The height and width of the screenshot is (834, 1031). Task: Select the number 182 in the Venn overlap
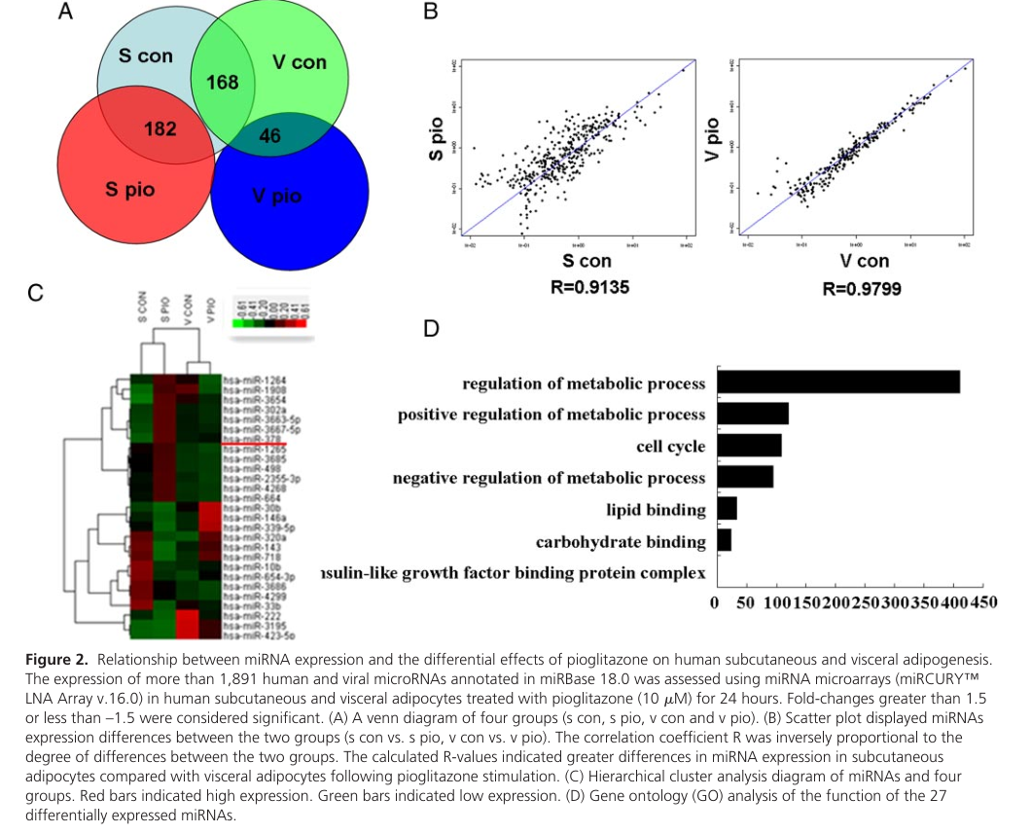click(x=160, y=129)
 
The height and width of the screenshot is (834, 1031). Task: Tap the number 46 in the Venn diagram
click(x=269, y=136)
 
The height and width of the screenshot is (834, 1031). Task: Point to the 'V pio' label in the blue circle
click(x=277, y=197)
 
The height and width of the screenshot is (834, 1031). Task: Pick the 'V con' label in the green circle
click(x=300, y=62)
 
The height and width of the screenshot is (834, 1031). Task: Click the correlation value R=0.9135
click(x=587, y=287)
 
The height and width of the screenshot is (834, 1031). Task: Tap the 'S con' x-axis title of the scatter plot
click(x=587, y=261)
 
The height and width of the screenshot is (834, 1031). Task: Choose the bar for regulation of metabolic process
click(x=837, y=382)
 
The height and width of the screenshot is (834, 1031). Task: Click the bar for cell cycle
click(x=749, y=446)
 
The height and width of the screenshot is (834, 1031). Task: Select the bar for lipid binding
click(x=727, y=509)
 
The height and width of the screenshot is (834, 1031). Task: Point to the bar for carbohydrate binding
click(x=724, y=540)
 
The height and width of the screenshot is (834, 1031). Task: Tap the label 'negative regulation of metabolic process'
click(x=549, y=478)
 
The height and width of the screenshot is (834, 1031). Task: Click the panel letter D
click(x=432, y=328)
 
